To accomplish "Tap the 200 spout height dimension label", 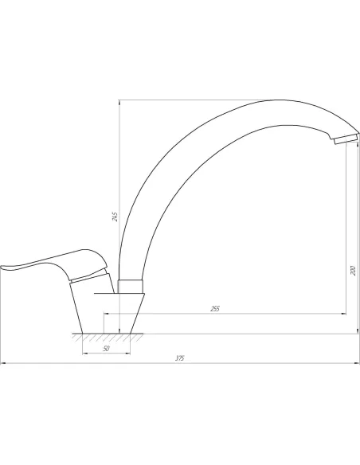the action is coord(353,271).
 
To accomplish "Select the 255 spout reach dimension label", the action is coord(215,309).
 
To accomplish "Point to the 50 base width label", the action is coord(106,349).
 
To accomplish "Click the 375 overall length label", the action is coord(179,358).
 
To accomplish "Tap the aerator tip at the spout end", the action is coord(346,139).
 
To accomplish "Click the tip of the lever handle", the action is coord(2,268).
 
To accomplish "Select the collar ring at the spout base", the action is coord(131,286).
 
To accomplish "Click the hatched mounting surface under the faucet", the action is coord(108,337).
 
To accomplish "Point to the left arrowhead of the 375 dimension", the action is coord(3,363).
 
